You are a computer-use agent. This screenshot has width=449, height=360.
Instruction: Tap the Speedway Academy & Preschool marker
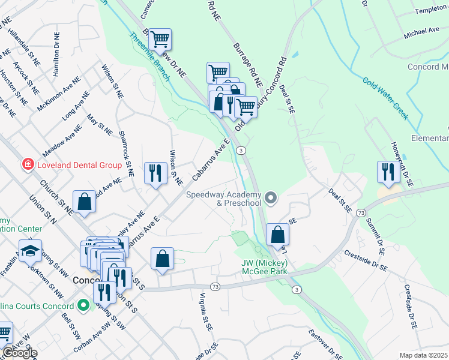(x=271, y=197)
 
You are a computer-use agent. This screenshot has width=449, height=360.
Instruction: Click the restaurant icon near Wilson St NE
(x=155, y=173)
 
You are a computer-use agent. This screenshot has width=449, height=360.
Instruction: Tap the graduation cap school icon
(x=29, y=251)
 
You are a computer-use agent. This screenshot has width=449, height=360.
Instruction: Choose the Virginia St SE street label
(x=206, y=311)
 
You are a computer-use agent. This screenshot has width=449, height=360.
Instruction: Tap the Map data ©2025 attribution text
(x=423, y=355)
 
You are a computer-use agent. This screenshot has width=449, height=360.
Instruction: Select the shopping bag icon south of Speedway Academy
(x=277, y=235)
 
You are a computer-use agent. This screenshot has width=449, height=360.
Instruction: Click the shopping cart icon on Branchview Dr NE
(x=160, y=40)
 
